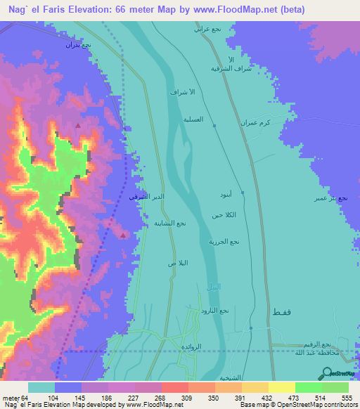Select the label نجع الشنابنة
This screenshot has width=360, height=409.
(170, 223)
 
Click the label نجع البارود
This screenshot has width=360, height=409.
(215, 310)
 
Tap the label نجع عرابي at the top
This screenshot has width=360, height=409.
(209, 30)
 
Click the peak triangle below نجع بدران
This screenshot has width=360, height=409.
(78, 126)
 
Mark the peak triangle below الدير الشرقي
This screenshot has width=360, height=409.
(124, 235)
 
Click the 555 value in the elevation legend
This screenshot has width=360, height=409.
(346, 398)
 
